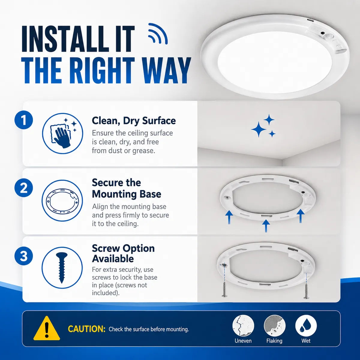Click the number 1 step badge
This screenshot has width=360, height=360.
point(24,120)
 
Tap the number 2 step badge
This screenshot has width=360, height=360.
point(24,188)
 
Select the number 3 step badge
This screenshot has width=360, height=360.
point(24,256)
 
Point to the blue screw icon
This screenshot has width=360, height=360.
point(62,267)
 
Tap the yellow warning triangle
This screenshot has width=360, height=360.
point(47,328)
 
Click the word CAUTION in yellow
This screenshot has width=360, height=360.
point(87,329)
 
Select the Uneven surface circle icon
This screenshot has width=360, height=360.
point(243,326)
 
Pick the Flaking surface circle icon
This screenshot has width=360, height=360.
point(274,326)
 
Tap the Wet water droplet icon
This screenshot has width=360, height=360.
point(306,326)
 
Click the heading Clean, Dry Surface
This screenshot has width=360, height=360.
point(134,121)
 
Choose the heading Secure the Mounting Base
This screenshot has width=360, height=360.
point(127,188)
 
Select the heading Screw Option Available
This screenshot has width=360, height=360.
point(123,253)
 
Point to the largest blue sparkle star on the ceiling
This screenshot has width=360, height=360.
point(259,129)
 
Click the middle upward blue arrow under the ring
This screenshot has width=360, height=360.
point(266,226)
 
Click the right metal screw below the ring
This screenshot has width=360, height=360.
point(306,291)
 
